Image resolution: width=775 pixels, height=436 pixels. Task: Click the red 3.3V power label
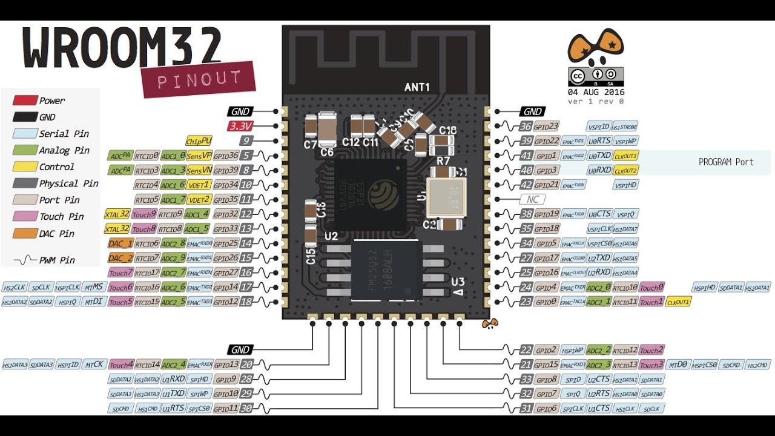coord(240,126)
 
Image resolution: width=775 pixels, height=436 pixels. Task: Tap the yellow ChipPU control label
coord(199,140)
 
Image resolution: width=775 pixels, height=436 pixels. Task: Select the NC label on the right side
coord(532,199)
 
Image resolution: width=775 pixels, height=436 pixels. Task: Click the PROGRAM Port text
coord(726,162)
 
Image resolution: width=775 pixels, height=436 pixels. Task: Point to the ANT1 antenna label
coord(417,88)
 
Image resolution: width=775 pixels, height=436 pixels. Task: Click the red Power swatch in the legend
coord(25,101)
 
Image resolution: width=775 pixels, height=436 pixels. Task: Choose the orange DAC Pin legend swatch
coord(25,233)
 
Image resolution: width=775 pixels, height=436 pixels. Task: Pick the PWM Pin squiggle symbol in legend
coord(25,260)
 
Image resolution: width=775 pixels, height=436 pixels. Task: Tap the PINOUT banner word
coord(199,79)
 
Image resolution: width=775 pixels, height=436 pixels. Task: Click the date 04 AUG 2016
coord(595,92)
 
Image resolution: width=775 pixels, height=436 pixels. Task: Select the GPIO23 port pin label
coord(547,126)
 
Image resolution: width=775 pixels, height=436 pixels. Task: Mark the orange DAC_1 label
coord(120,243)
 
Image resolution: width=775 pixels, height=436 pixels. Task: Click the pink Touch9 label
coord(144,214)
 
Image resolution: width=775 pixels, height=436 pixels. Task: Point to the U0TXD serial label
coord(599,156)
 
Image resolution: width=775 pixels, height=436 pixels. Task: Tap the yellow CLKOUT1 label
coord(678,302)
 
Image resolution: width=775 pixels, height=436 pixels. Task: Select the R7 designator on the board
coord(443,160)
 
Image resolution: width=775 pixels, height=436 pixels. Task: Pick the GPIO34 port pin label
coord(225,185)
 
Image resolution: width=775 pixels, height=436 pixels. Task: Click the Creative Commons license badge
coord(595,76)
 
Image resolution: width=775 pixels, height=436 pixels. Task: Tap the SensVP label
coord(199,156)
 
